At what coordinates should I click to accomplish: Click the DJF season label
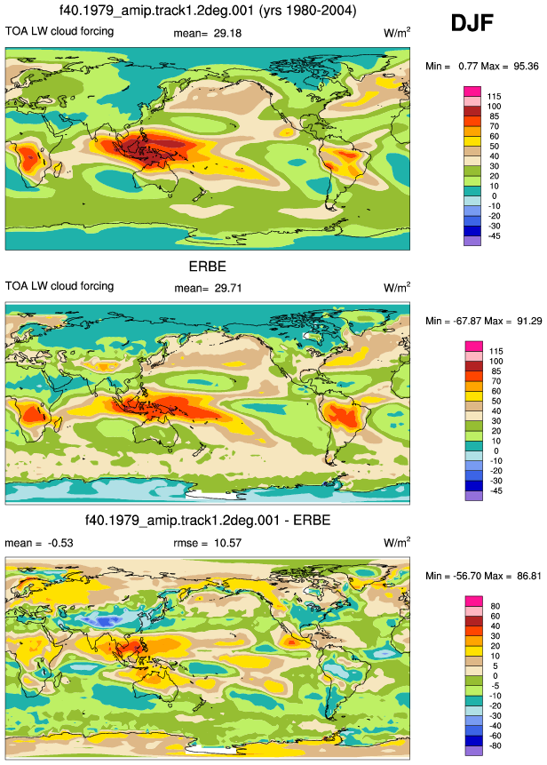point(472,22)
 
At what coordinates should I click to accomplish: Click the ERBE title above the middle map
point(208,267)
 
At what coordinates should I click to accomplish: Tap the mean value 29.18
point(227,33)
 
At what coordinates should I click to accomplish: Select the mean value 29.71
point(227,289)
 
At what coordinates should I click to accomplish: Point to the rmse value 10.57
point(227,543)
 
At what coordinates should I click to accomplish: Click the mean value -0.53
point(60,543)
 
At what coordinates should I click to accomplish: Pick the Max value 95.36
point(526,67)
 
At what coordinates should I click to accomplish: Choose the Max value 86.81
point(529,576)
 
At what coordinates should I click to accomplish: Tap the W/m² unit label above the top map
point(397,33)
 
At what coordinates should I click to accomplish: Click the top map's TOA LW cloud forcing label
point(59,31)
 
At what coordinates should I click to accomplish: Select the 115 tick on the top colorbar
point(494,97)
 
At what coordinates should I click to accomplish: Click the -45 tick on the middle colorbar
point(495,490)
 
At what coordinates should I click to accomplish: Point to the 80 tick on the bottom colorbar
point(495,607)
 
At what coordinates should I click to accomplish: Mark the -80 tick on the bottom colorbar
point(495,746)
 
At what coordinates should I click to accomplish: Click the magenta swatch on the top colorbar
point(472,92)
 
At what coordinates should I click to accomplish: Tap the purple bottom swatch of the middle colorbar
point(474,496)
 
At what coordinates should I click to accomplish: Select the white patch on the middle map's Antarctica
point(212,494)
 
